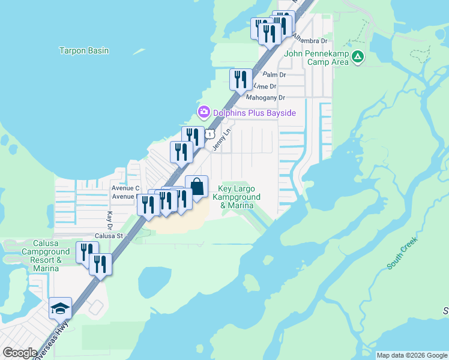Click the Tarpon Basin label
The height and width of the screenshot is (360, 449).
tap(84, 51)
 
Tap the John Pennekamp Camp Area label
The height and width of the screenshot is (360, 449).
tap(316, 58)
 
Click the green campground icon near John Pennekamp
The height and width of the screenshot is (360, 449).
tap(358, 57)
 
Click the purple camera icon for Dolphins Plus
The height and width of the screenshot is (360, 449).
tap(203, 112)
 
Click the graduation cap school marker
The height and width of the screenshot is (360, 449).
tap(61, 309)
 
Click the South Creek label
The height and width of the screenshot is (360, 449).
tap(402, 254)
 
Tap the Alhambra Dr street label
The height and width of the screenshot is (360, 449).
tap(310, 41)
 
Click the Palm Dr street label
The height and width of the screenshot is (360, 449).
tap(274, 75)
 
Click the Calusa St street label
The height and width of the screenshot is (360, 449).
tap(108, 236)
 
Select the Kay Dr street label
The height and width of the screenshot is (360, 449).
tap(110, 220)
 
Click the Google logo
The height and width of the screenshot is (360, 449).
tap(19, 353)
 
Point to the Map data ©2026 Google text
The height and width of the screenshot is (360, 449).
tap(412, 355)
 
